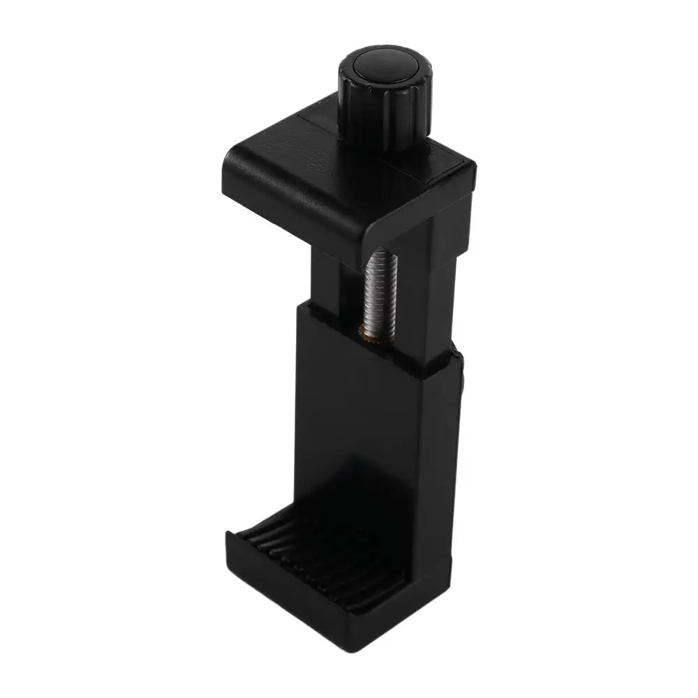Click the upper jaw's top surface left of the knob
(293, 150)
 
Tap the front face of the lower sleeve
(356, 433)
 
